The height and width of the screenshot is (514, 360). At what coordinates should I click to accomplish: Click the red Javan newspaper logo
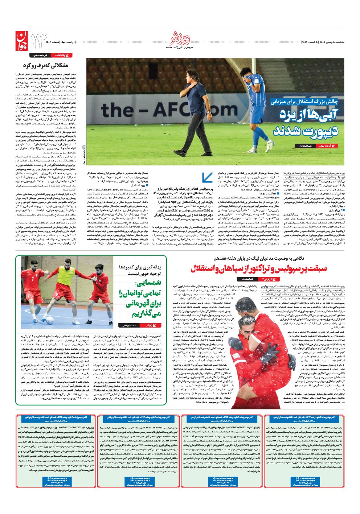(x=21, y=40)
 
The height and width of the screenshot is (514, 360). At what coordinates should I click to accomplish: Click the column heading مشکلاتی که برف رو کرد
(x=45, y=66)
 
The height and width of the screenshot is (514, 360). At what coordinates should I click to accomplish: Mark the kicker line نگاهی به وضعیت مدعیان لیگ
(x=263, y=258)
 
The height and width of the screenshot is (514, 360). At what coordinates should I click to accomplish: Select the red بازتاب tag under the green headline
(x=150, y=325)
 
